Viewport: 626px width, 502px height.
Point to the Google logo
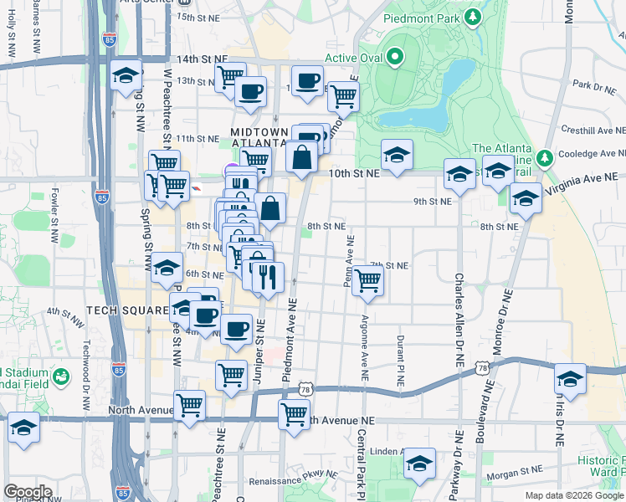[28, 492]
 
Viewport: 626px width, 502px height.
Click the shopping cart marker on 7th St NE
[367, 282]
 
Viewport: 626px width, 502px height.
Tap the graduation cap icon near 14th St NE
[126, 76]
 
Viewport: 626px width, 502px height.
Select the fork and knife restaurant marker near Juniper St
[268, 277]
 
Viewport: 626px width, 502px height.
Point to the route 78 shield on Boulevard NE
[481, 367]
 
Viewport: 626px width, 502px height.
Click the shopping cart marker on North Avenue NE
[294, 412]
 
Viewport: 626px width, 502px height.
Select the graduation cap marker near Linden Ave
[419, 463]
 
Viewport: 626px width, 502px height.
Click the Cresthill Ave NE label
[593, 131]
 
